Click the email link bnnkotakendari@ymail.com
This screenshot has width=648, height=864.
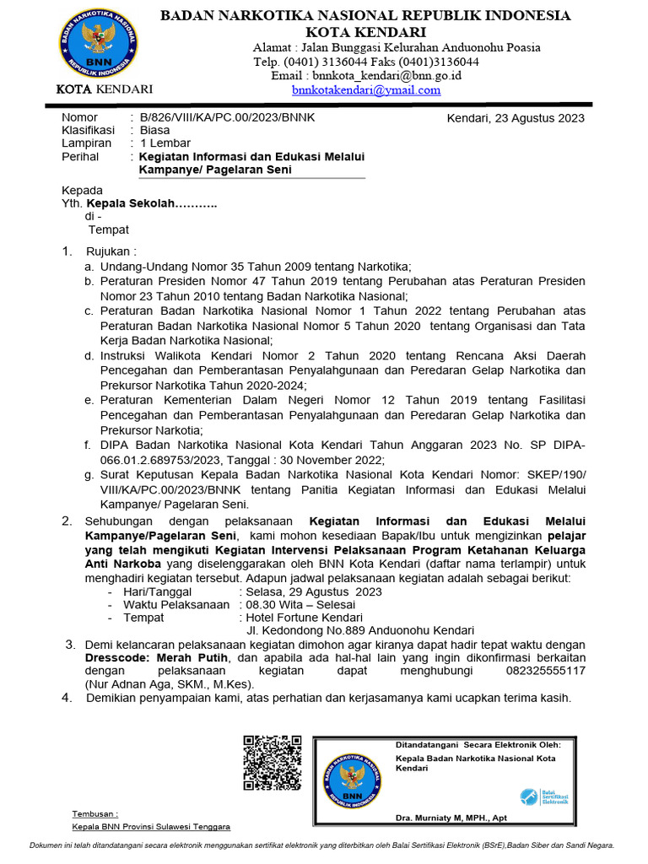point(366,89)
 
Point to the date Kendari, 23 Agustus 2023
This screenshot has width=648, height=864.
point(515,118)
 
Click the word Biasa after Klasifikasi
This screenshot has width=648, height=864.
point(154,131)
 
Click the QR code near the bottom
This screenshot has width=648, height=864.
point(273,763)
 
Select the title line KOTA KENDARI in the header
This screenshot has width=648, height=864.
point(365,31)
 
